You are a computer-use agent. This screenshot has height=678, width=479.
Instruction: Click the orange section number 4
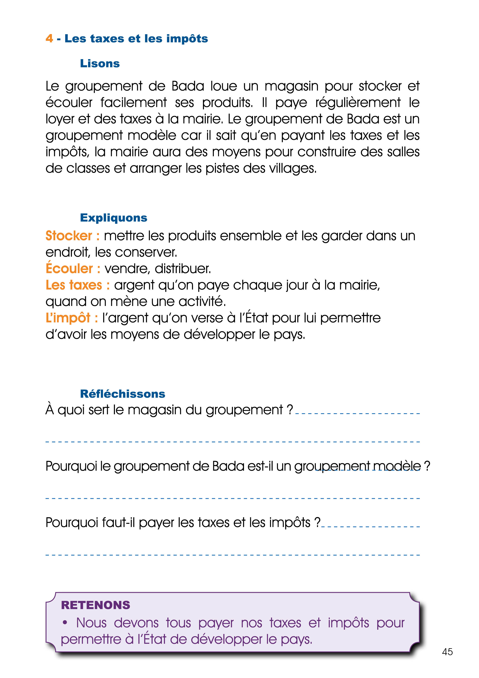tap(49, 38)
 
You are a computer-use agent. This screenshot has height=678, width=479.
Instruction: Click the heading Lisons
tap(100, 63)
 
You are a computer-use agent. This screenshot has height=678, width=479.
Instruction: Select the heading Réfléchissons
tap(122, 394)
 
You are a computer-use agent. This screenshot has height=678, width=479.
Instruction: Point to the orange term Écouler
tap(69, 268)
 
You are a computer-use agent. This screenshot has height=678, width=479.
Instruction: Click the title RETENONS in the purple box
tap(95, 605)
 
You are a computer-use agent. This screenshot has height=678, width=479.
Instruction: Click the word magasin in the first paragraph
tap(291, 86)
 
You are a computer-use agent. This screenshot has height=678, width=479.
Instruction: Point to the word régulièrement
tap(358, 103)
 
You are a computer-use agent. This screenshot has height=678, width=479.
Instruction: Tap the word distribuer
tap(183, 269)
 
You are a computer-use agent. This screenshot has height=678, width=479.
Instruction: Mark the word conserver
tap(146, 252)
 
